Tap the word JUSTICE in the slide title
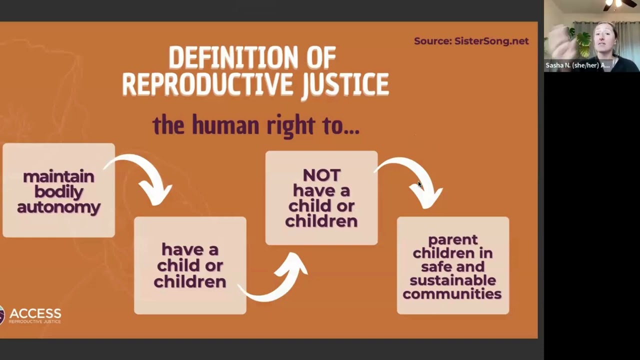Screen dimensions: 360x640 click(x=345, y=84)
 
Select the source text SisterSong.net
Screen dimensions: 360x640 click(x=491, y=41)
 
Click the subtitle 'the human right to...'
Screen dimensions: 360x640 click(x=256, y=125)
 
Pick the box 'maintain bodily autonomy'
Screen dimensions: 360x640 click(x=58, y=190)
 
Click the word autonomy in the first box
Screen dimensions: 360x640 click(x=58, y=207)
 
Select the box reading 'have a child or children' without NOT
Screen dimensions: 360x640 click(x=190, y=265)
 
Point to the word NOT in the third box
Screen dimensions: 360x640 click(x=321, y=175)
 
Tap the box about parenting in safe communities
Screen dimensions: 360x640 click(x=452, y=265)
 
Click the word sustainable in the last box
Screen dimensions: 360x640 click(x=452, y=280)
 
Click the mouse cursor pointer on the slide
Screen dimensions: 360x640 click(x=419, y=184)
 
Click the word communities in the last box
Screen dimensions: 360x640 click(x=452, y=294)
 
